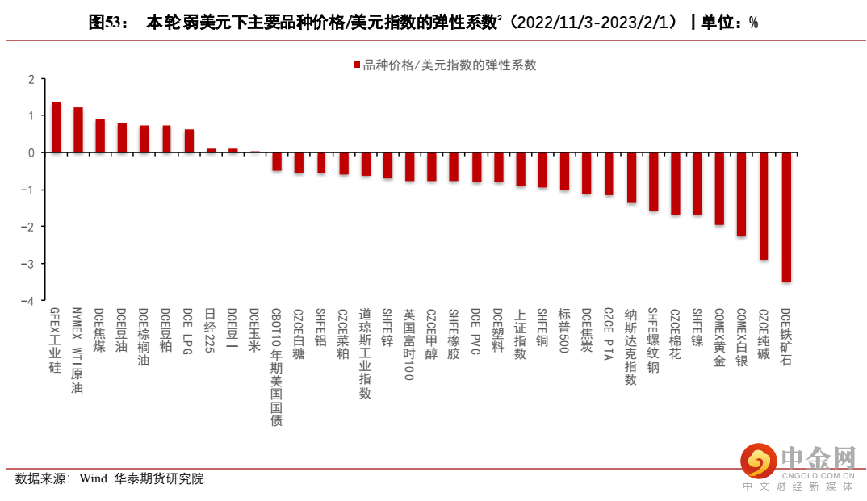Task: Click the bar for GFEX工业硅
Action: (x=57, y=127)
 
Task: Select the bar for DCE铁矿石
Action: (x=786, y=217)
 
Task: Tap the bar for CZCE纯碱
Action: (x=764, y=206)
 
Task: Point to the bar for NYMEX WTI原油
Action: (x=78, y=130)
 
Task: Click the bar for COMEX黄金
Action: (x=719, y=189)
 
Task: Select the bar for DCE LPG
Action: (x=189, y=141)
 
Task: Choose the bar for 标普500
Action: (x=564, y=171)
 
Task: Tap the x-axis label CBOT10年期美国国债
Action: (x=277, y=367)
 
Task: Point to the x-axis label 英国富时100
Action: (x=409, y=344)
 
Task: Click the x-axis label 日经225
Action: (x=211, y=331)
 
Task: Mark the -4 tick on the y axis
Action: (x=31, y=301)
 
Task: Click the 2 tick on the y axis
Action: (x=31, y=79)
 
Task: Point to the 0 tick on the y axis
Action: (x=31, y=152)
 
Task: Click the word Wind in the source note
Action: (x=93, y=478)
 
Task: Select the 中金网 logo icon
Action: (x=759, y=461)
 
